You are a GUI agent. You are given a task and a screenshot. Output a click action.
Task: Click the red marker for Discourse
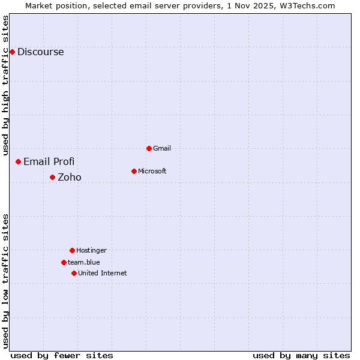pyautogui.click(x=12, y=52)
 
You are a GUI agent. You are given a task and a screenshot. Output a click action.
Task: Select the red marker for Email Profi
pyautogui.click(x=19, y=161)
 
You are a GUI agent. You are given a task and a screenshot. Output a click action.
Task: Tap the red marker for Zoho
pyautogui.click(x=52, y=177)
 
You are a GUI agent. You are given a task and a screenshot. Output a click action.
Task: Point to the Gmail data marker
pyautogui.click(x=149, y=148)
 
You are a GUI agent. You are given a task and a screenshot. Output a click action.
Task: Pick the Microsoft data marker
pyautogui.click(x=134, y=171)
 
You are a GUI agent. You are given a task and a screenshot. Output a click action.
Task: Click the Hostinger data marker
pyautogui.click(x=72, y=250)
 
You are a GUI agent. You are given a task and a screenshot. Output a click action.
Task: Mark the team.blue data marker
pyautogui.click(x=64, y=262)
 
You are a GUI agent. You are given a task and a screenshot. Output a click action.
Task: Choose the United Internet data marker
pyautogui.click(x=74, y=273)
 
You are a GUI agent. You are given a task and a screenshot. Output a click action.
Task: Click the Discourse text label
pyautogui.click(x=40, y=52)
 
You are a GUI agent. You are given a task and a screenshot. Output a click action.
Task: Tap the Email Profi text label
pyautogui.click(x=49, y=161)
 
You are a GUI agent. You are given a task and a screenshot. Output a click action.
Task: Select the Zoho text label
pyautogui.click(x=70, y=177)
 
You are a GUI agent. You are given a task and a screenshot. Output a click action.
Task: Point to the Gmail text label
pyautogui.click(x=162, y=148)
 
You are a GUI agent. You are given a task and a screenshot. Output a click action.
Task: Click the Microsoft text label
pyautogui.click(x=152, y=171)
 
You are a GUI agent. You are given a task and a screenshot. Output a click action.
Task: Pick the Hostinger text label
pyautogui.click(x=91, y=250)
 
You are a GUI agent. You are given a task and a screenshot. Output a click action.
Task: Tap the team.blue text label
pyautogui.click(x=84, y=262)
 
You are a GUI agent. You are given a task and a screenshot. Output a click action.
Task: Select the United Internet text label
pyautogui.click(x=103, y=273)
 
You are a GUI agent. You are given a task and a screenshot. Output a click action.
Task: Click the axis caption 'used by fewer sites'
pyautogui.click(x=62, y=355)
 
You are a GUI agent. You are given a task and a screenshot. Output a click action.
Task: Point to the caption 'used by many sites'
pyautogui.click(x=301, y=355)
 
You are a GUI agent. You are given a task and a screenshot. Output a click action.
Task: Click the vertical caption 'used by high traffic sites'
pyautogui.click(x=6, y=85)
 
